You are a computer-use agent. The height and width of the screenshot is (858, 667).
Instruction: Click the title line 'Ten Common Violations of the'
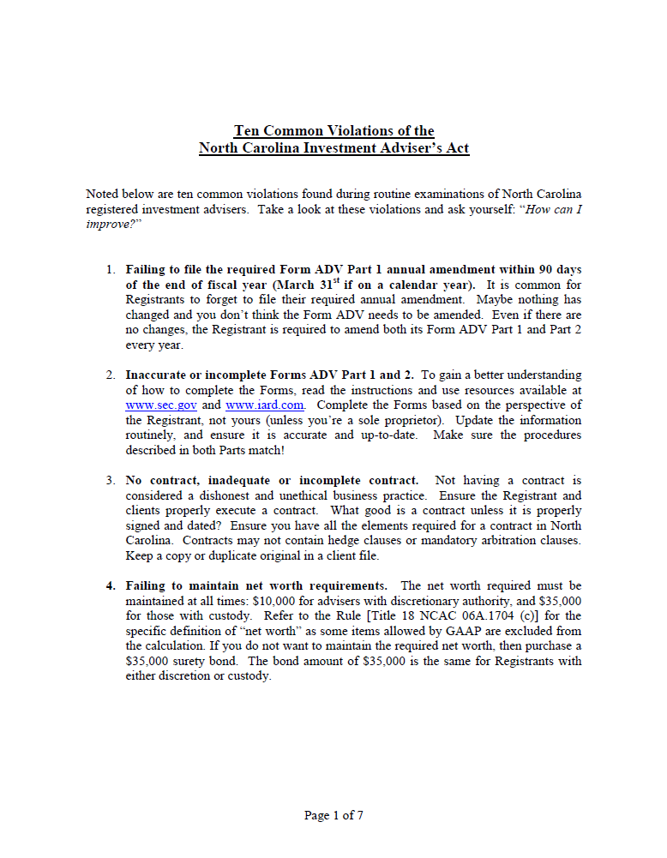tap(333, 131)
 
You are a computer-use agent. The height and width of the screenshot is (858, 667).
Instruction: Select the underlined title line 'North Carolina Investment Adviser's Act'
tap(333, 147)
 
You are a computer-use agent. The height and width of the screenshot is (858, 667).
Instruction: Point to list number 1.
tap(111, 269)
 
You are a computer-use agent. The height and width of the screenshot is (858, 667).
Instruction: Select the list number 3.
tap(111, 480)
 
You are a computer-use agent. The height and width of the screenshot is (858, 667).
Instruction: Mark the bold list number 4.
tap(111, 585)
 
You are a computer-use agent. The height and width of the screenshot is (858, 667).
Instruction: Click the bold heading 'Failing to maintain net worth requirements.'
tap(256, 585)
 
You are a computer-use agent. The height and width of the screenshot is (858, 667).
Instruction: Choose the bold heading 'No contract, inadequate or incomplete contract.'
tap(273, 480)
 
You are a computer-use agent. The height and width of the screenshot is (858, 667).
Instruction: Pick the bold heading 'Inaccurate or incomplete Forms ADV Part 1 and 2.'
tap(270, 375)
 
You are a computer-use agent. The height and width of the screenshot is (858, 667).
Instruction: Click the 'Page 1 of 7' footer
tap(333, 815)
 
